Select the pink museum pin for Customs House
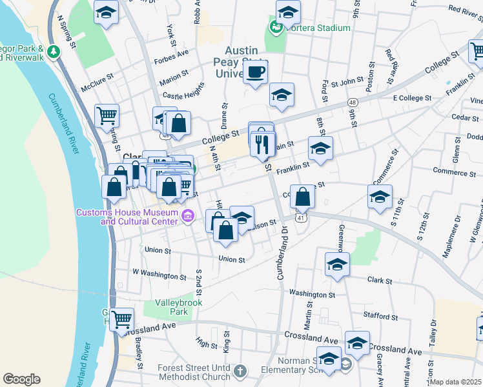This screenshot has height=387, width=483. [187, 215]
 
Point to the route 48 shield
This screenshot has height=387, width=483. [352, 103]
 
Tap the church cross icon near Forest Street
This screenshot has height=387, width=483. [240, 370]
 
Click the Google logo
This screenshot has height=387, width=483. [21, 379]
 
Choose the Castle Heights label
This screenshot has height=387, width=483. [183, 94]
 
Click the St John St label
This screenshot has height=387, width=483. [352, 81]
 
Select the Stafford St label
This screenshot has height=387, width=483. [380, 316]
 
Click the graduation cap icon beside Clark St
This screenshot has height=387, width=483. [337, 263]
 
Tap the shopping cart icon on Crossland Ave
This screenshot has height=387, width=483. [121, 319]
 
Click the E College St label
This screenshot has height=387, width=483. [411, 98]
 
